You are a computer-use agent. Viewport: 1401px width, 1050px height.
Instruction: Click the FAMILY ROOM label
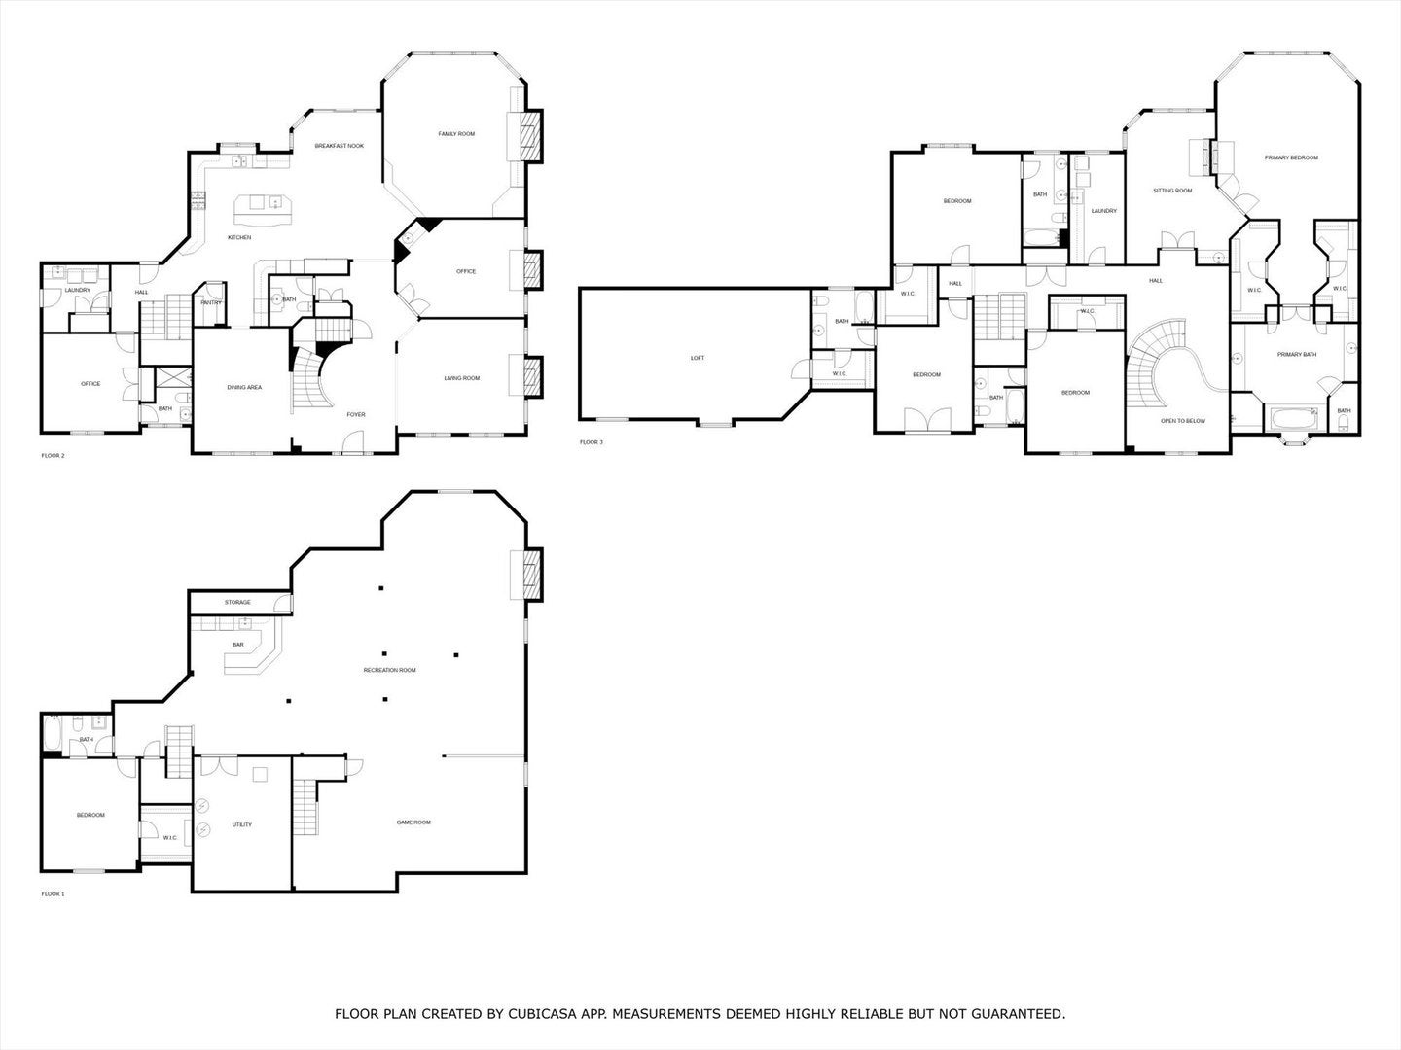point(456,133)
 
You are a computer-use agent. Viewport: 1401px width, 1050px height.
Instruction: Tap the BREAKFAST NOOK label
point(340,146)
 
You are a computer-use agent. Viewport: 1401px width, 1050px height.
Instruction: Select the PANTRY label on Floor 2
point(211,302)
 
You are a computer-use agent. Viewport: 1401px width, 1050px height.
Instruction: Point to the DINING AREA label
point(244,387)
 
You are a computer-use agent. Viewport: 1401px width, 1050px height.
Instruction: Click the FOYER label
point(356,414)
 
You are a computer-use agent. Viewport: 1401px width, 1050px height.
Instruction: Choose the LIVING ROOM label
point(462,378)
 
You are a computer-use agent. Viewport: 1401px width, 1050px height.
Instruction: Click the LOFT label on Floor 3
point(697,358)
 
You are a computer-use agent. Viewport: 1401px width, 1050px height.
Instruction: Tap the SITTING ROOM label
point(1172,191)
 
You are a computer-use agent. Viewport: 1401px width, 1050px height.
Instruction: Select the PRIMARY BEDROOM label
point(1291,157)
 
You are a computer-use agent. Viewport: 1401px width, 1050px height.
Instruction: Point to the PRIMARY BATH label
point(1296,354)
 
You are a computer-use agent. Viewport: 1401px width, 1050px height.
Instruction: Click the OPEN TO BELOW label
point(1183,421)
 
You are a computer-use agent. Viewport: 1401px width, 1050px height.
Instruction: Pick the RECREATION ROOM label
point(389,670)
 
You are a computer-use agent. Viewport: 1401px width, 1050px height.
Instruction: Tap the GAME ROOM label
point(413,822)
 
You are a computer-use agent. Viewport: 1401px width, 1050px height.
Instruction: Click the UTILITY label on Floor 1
point(242,824)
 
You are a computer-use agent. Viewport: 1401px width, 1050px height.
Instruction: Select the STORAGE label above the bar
point(237,602)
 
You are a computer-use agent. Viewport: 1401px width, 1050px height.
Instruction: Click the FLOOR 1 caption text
point(53,893)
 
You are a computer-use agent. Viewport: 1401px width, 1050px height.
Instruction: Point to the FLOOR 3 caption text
point(592,442)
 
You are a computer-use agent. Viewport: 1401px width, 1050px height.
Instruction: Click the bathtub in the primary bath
point(1292,420)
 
